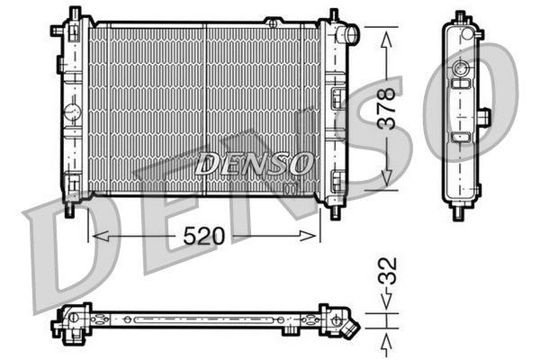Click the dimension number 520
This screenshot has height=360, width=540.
pyautogui.click(x=203, y=236)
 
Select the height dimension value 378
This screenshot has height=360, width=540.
pyautogui.click(x=387, y=110)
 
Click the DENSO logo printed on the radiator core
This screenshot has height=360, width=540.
pyautogui.click(x=254, y=164)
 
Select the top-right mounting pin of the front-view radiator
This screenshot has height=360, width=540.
pyautogui.click(x=334, y=15)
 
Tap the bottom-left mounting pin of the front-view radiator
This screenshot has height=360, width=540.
pyautogui.click(x=70, y=210)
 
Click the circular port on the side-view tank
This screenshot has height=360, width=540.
pyautogui.click(x=461, y=69)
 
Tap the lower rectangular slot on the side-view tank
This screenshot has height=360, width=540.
pyautogui.click(x=461, y=137)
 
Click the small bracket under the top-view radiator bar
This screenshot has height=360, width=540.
pyautogui.click(x=290, y=330)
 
